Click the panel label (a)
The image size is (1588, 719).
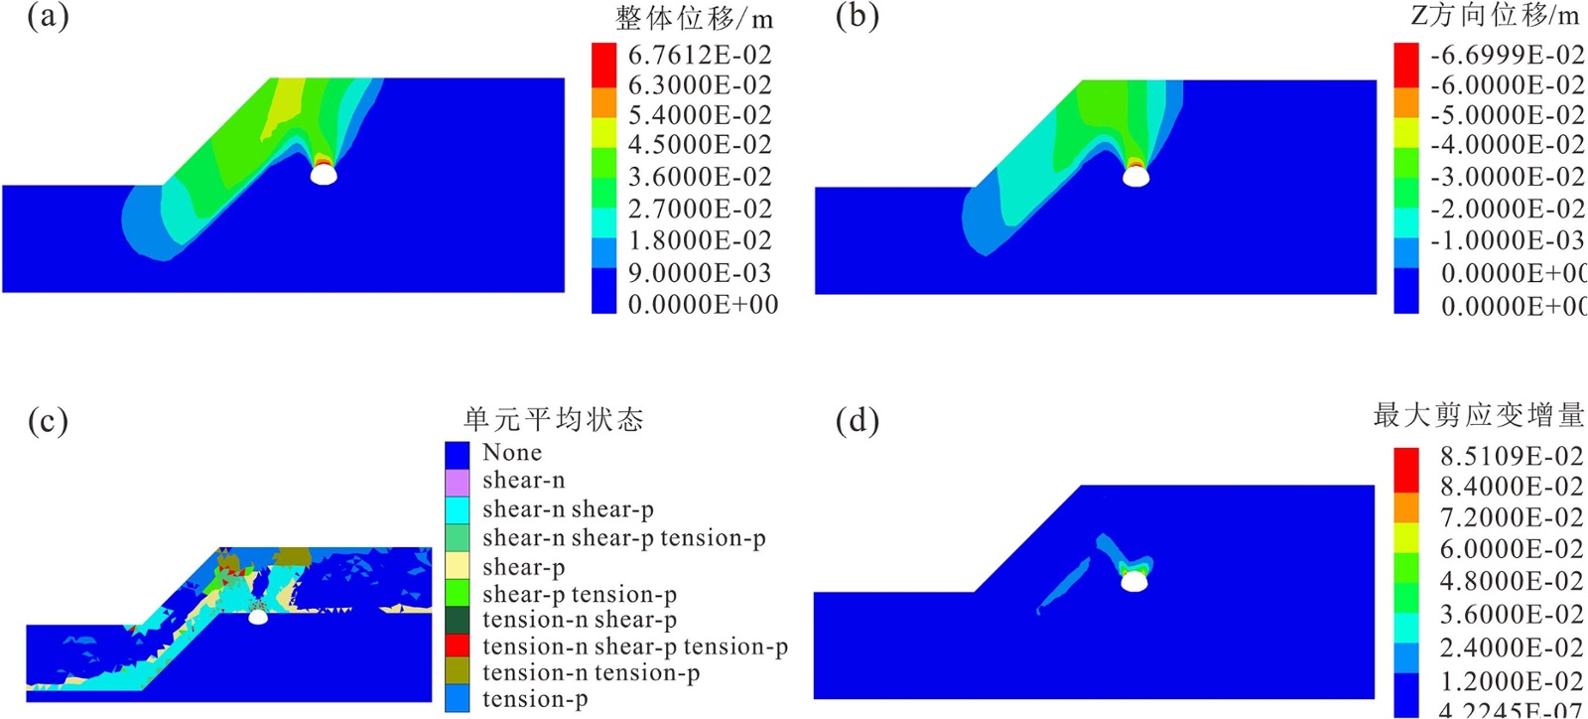coord(48,17)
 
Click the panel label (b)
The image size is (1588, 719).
coord(857,17)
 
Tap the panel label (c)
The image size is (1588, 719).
coord(48,421)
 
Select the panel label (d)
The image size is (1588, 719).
coord(857,421)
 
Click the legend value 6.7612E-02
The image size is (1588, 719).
coord(700,55)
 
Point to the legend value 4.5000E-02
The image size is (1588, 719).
coord(700,145)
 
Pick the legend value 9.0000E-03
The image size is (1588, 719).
coord(700,273)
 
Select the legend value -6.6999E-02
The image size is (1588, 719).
coord(1507,55)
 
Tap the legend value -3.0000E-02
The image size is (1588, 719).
coord(1507,177)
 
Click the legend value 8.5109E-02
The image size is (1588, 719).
coord(1512,456)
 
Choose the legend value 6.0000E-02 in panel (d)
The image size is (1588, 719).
coord(1512,549)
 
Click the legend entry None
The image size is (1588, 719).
coord(512,453)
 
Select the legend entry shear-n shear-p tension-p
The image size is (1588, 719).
coord(623,538)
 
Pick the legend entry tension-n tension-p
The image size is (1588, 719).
coord(591,673)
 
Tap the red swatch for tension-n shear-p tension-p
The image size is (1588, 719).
coord(457,646)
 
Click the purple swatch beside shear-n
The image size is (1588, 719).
coord(457,483)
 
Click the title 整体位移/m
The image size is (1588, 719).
coord(694,18)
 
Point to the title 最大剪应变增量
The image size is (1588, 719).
coord(1478,415)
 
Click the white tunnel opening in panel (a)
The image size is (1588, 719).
coord(324,175)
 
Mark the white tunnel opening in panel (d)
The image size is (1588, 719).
coord(1133,581)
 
